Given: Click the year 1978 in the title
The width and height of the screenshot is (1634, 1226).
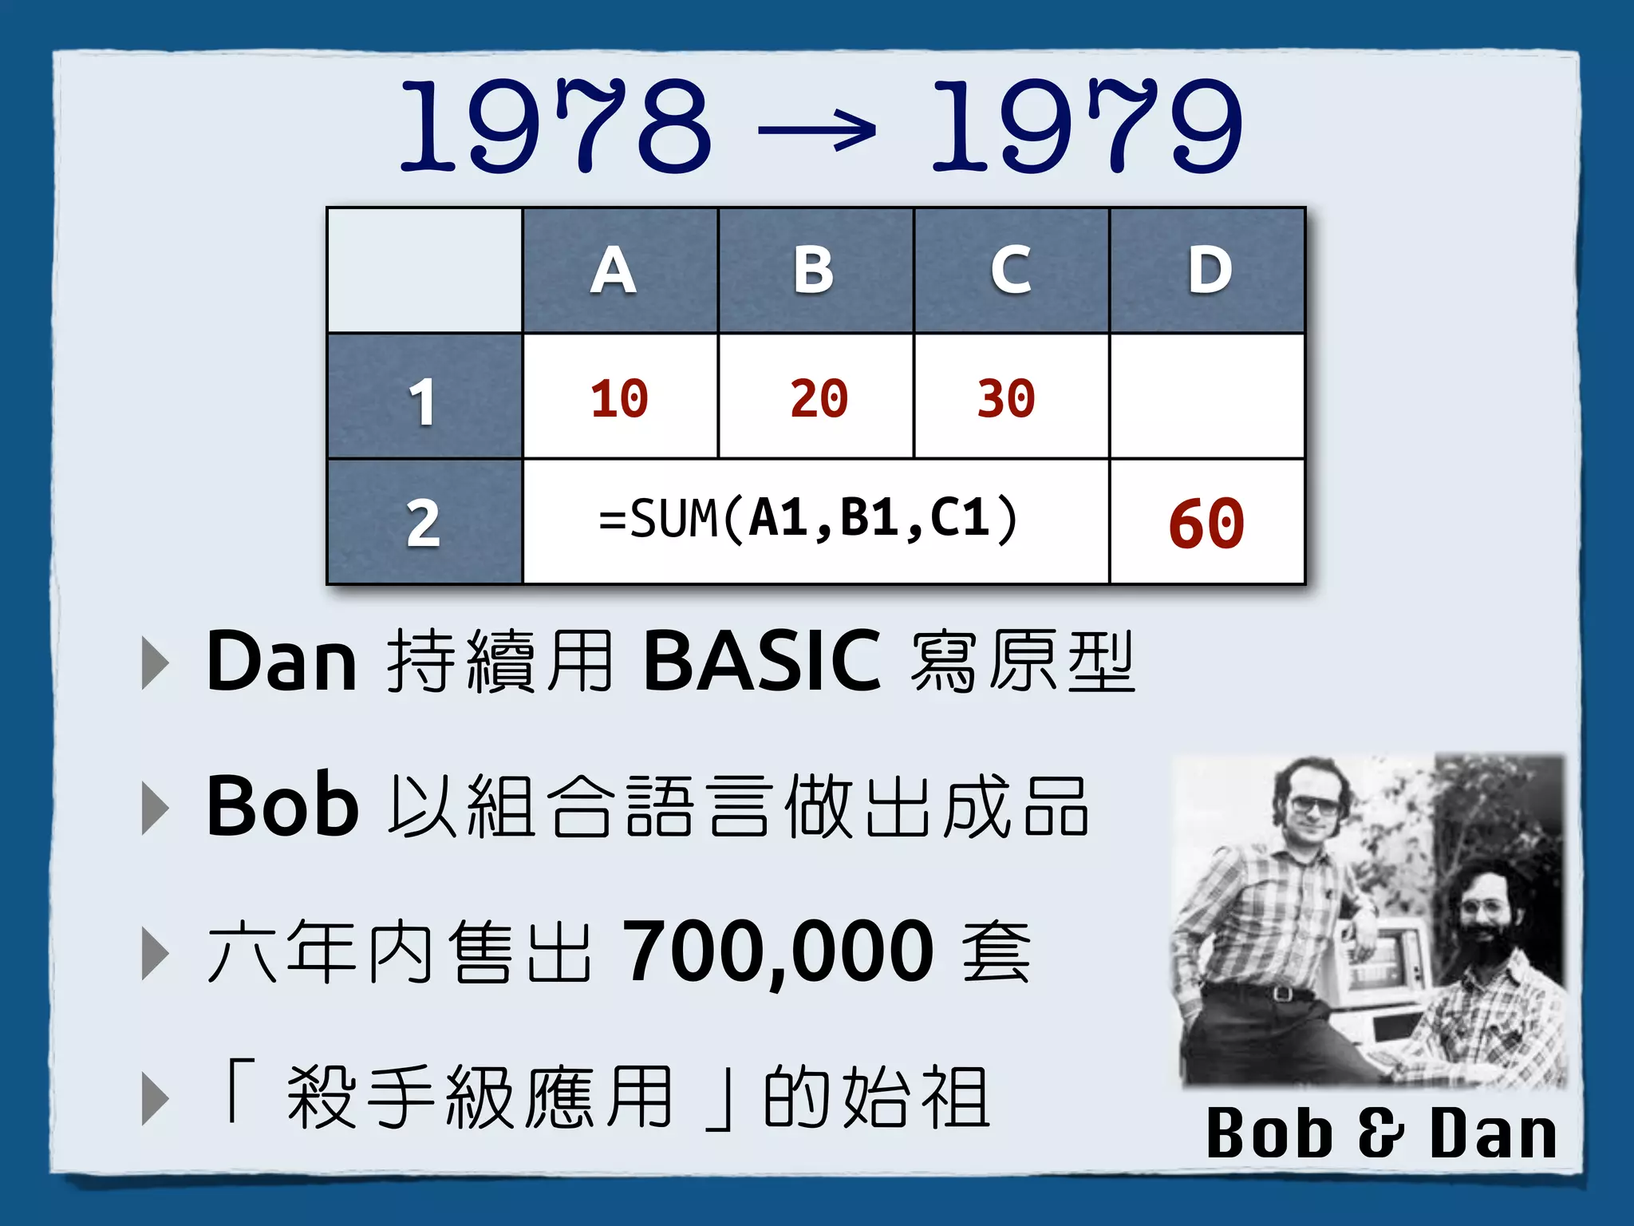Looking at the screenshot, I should click(555, 126).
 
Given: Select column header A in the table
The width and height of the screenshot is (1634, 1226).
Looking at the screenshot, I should click(614, 270).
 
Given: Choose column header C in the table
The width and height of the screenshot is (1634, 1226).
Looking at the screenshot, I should click(1011, 270).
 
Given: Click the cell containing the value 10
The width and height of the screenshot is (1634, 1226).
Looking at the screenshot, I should click(619, 398).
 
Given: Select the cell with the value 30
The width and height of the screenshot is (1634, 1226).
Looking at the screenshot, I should click(1006, 398).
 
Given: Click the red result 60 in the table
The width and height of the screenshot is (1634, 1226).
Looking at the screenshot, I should click(1206, 524).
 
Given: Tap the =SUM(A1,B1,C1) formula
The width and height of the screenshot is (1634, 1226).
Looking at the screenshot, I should click(808, 519).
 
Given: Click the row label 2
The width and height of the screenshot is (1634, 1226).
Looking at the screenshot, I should click(423, 524).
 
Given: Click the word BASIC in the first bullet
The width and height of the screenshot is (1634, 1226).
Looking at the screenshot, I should click(762, 661).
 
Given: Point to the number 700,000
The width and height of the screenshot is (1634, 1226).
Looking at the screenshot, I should click(778, 951).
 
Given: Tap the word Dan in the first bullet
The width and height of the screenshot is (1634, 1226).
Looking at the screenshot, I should click(281, 661).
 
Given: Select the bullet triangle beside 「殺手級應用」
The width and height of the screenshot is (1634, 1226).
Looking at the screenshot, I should click(155, 1099).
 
